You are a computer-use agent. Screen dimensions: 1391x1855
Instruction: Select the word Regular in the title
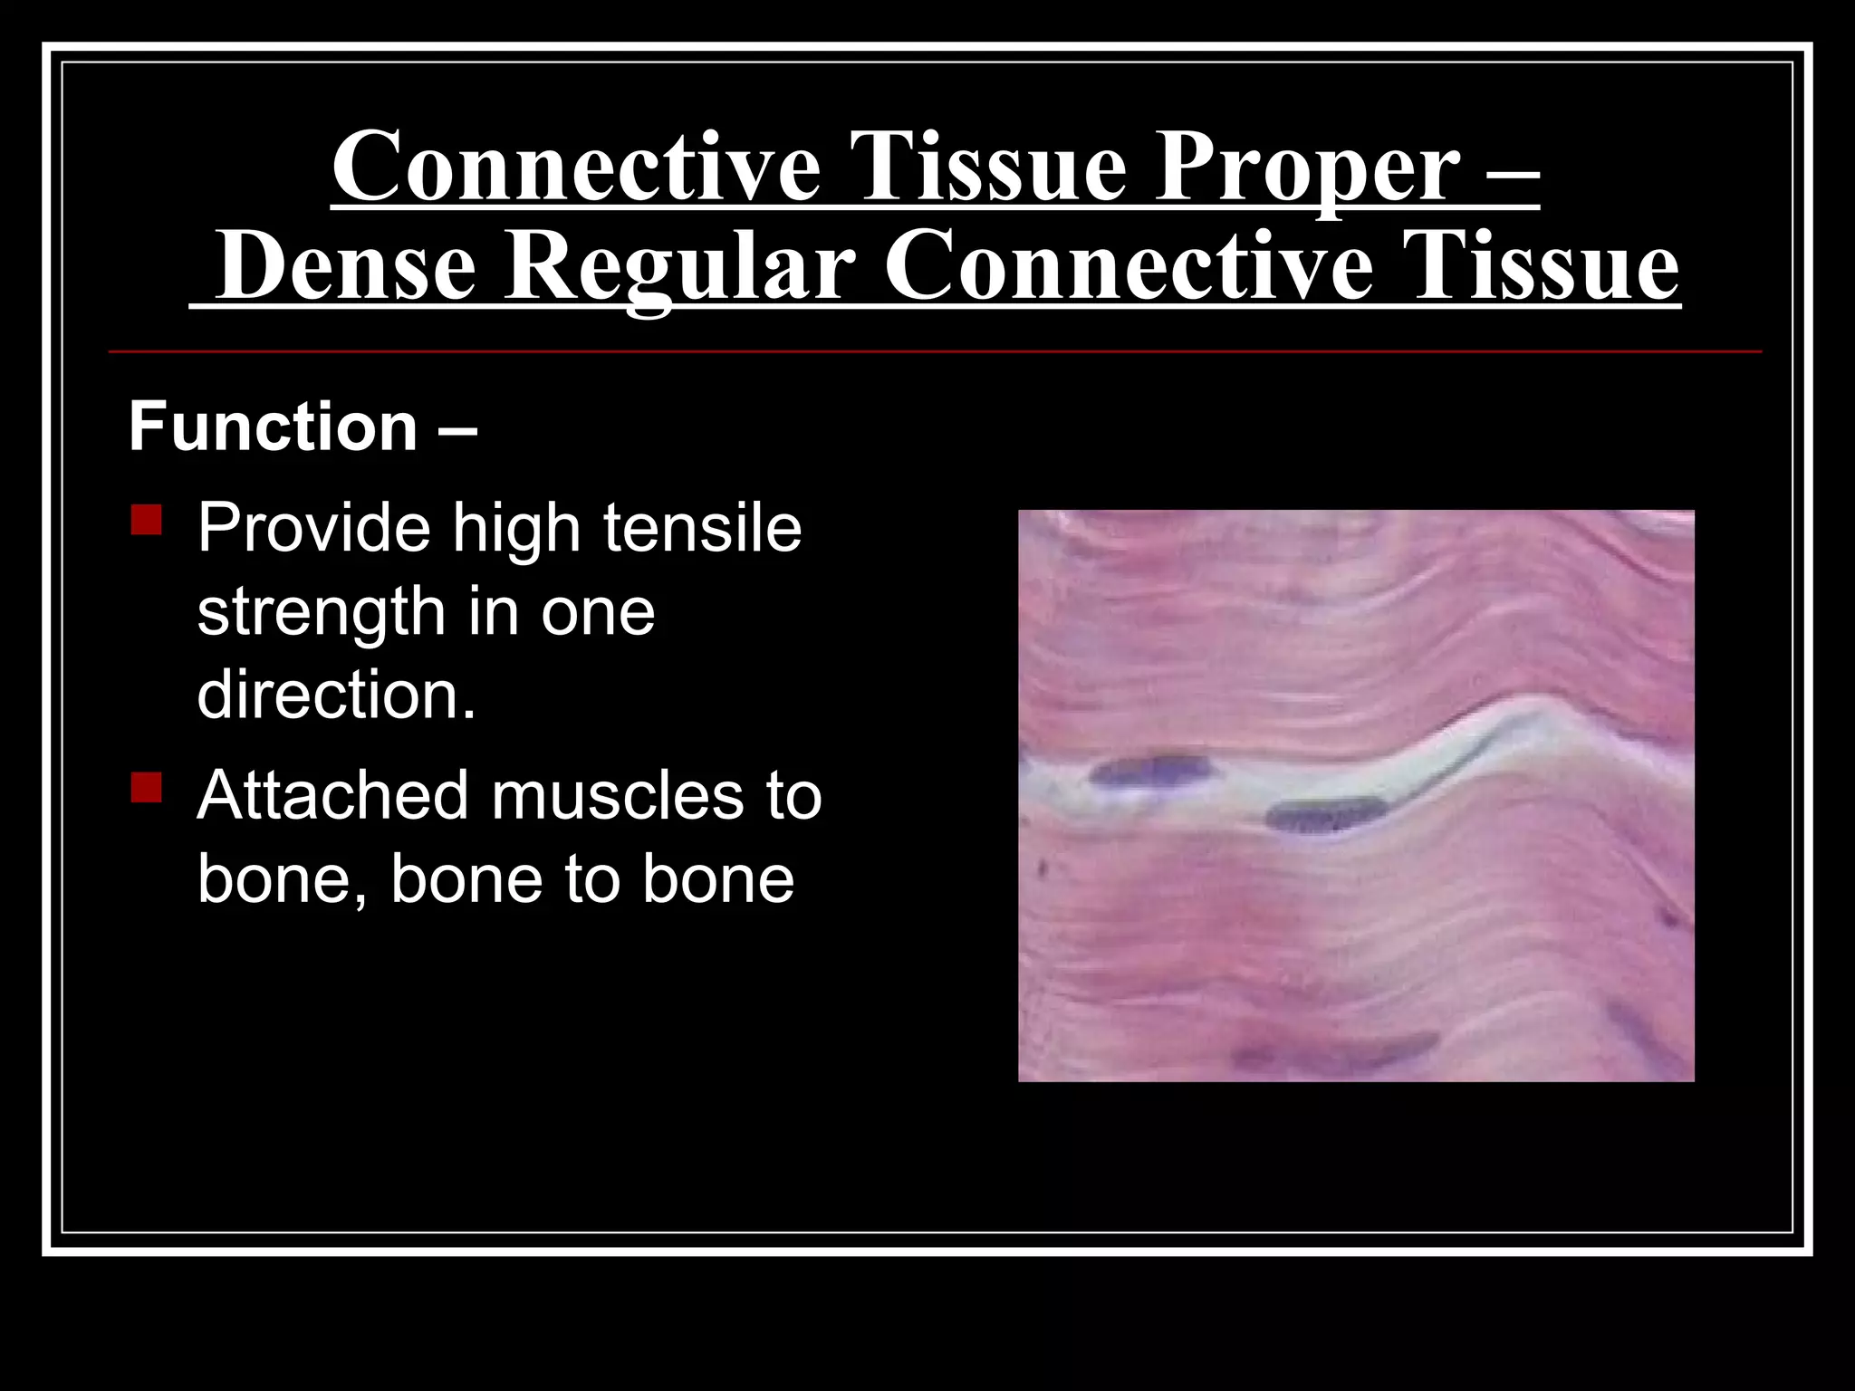[679, 266]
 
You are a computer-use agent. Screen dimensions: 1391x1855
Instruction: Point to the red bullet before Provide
[146, 521]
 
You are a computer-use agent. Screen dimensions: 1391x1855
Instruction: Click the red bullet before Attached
[146, 787]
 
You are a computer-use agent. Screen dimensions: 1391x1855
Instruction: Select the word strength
[321, 613]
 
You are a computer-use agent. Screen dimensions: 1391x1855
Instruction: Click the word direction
[336, 695]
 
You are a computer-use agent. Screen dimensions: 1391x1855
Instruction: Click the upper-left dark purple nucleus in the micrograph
[1149, 770]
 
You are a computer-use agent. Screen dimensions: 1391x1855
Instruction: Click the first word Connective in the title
[577, 168]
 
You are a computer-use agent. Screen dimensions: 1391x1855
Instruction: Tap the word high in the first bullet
[516, 529]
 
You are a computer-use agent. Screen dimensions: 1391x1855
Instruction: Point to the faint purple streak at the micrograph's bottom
[1331, 1052]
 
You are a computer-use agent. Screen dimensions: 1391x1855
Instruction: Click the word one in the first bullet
[598, 613]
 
